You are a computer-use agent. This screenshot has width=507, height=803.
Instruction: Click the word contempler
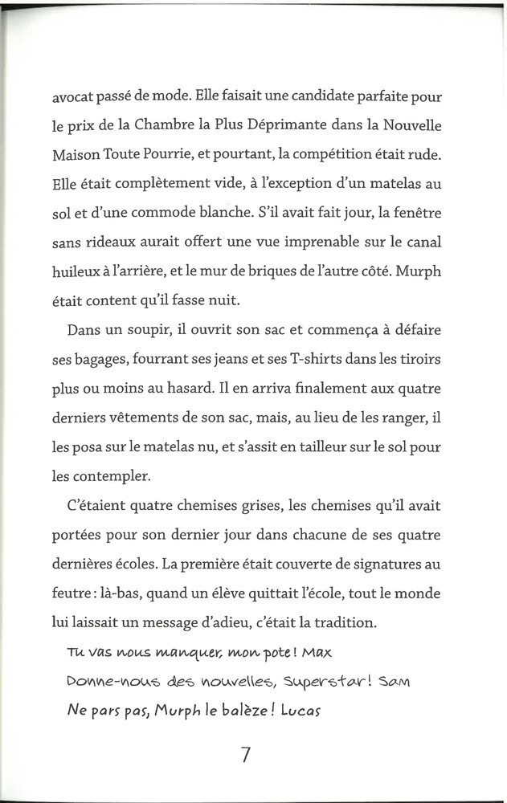point(109,475)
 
